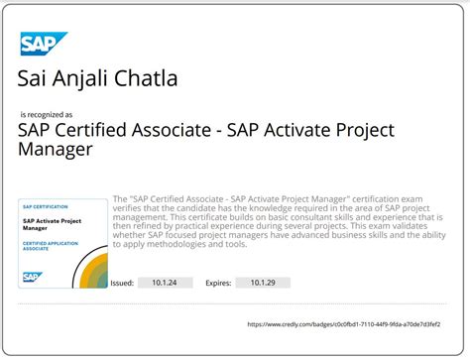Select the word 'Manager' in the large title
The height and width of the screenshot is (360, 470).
click(56, 150)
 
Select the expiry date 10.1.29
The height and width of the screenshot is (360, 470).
click(263, 283)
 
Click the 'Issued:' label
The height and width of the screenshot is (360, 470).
click(122, 283)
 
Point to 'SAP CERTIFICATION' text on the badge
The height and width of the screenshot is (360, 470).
click(46, 206)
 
